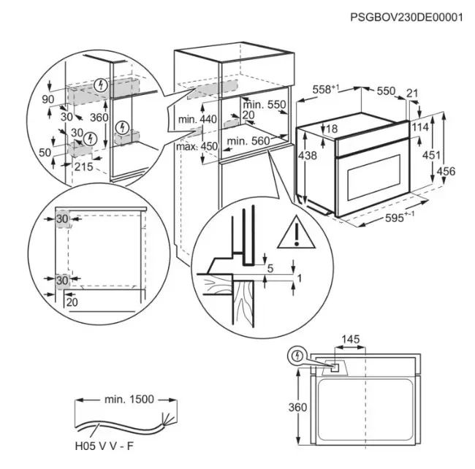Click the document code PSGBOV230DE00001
coord(407,17)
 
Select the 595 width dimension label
coord(398,217)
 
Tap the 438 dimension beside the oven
coord(308,156)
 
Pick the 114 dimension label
coord(420,126)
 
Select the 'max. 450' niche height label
coord(197,146)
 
